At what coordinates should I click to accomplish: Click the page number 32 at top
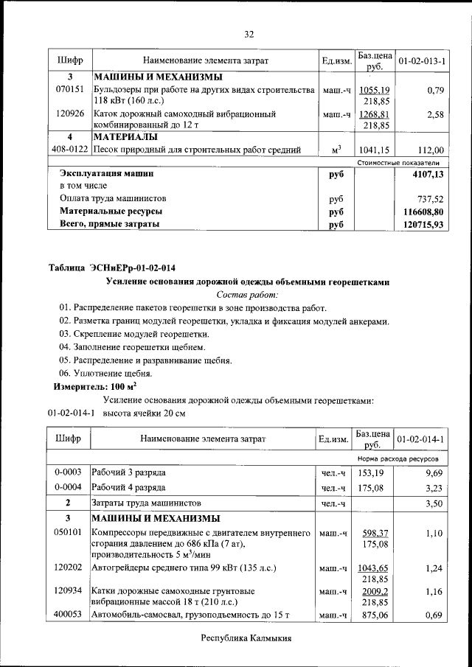tap(249, 34)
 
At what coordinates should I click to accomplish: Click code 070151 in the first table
tap(69, 90)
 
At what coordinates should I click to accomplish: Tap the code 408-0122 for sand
tap(69, 150)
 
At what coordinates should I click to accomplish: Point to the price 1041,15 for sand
tap(375, 150)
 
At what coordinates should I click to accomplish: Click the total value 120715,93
tap(424, 224)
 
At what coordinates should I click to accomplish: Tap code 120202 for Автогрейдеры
tap(69, 568)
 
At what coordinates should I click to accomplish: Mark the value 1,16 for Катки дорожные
tap(434, 591)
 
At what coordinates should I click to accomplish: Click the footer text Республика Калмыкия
tap(247, 638)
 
